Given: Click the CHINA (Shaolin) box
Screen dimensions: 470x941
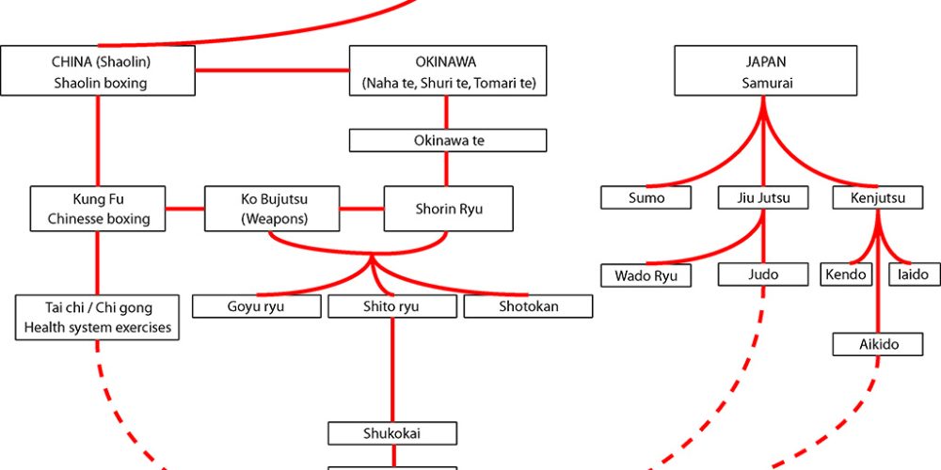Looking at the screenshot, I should point(99,71).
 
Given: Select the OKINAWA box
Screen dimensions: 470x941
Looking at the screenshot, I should point(448,71).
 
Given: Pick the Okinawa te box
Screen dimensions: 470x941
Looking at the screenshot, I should point(448,141).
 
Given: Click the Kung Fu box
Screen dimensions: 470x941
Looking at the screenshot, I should point(98,210).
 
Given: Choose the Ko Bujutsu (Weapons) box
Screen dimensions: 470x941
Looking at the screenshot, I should point(271,210).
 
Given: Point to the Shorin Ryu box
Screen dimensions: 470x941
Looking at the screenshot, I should point(448,209).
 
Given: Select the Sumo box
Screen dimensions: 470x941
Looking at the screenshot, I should point(646,198).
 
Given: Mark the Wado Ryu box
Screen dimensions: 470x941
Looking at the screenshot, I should point(646,276).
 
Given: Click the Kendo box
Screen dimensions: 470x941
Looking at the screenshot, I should point(851,275).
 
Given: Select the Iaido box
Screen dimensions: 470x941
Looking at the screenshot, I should point(913,275).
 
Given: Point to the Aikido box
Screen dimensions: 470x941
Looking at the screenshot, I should point(878,344).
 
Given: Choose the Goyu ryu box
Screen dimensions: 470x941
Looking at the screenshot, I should point(256,306).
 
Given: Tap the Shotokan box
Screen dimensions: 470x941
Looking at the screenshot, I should point(528,306).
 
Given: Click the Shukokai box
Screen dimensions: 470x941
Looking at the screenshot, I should point(392,433).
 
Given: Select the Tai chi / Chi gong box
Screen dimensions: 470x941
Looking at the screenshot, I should point(98,318).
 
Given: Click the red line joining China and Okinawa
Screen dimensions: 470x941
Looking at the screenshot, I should point(273,71).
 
